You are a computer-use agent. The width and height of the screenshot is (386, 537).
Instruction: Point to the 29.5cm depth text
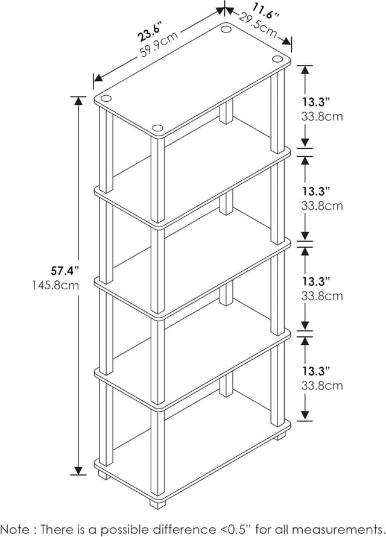coord(258,27)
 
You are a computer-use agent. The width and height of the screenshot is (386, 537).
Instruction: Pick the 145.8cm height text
coord(55,285)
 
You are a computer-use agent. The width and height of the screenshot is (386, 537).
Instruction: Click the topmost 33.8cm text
coord(322,116)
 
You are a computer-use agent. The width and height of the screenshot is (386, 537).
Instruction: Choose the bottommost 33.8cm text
coord(322,385)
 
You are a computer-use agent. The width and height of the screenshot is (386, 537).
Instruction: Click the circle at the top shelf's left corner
coord(106,98)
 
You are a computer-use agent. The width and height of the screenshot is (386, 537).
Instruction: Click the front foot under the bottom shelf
coord(157,499)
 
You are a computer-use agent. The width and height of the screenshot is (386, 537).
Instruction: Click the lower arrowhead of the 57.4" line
coord(78,469)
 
